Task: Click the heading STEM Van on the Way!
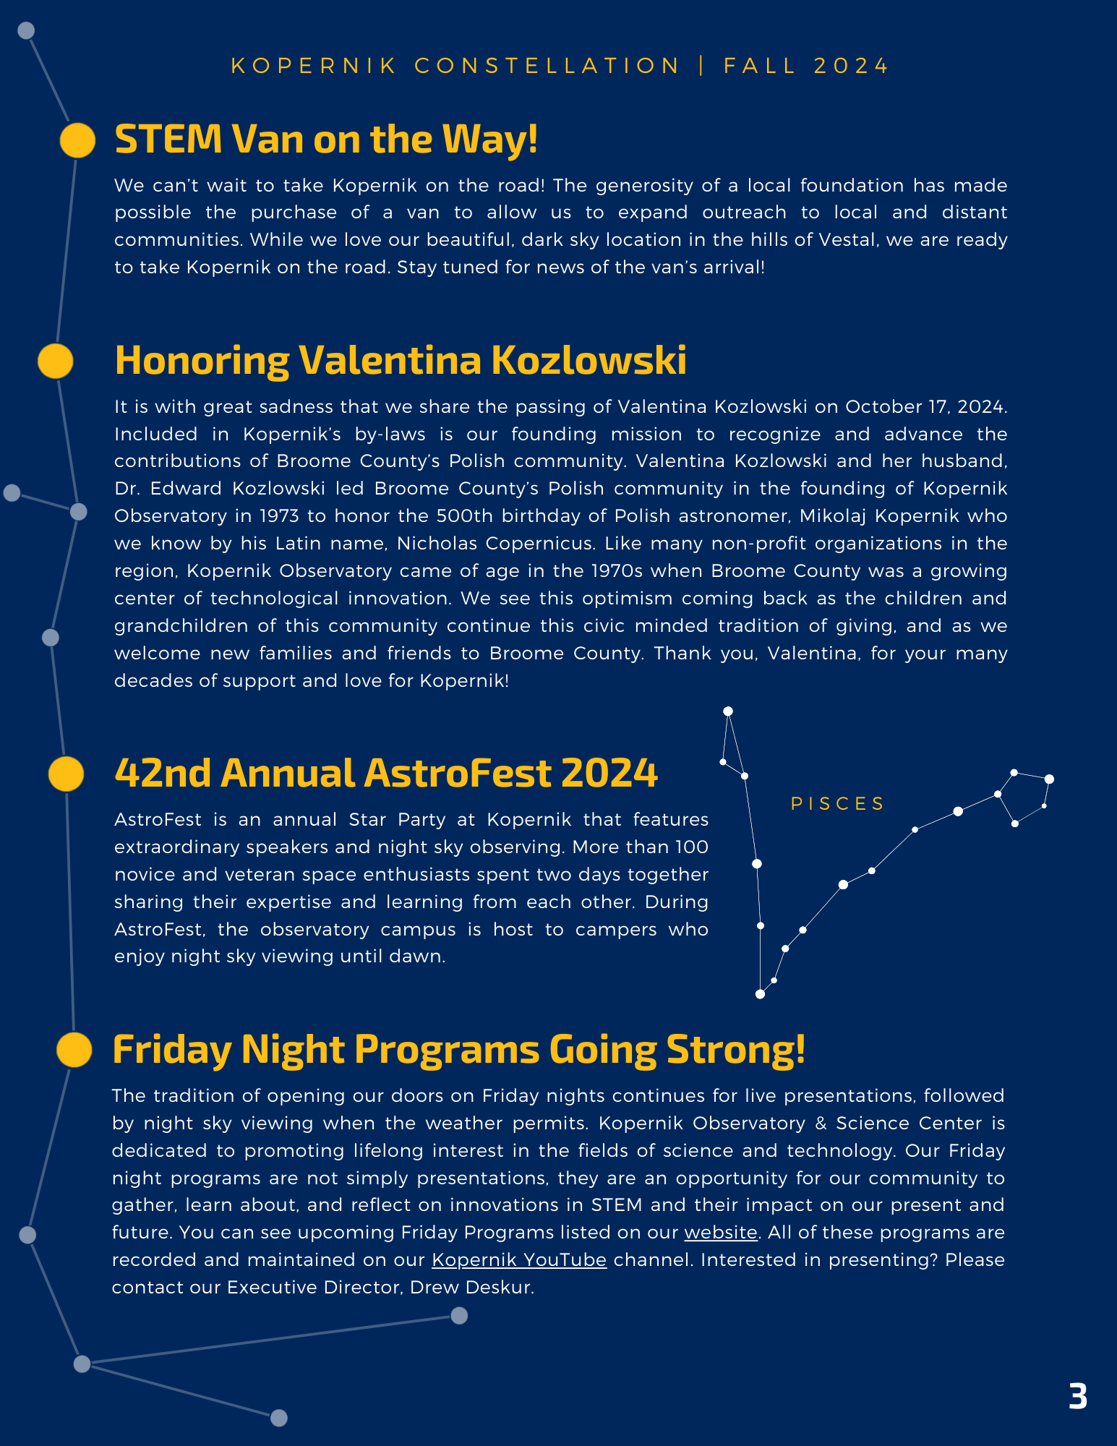coord(326,139)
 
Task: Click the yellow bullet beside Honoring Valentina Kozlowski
coord(56,361)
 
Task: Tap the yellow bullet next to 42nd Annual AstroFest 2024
coord(67,774)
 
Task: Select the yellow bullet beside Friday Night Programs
coord(74,1050)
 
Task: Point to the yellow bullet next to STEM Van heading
coord(77,140)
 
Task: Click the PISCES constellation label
coord(837,804)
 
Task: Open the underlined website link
coord(721,1233)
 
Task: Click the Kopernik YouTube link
coord(519,1260)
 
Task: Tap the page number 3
coord(1077,1397)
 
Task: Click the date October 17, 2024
coord(925,407)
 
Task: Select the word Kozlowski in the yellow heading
coord(589,360)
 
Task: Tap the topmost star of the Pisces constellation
coord(728,711)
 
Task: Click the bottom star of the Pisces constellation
coord(760,994)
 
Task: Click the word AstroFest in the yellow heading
coord(458,773)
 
